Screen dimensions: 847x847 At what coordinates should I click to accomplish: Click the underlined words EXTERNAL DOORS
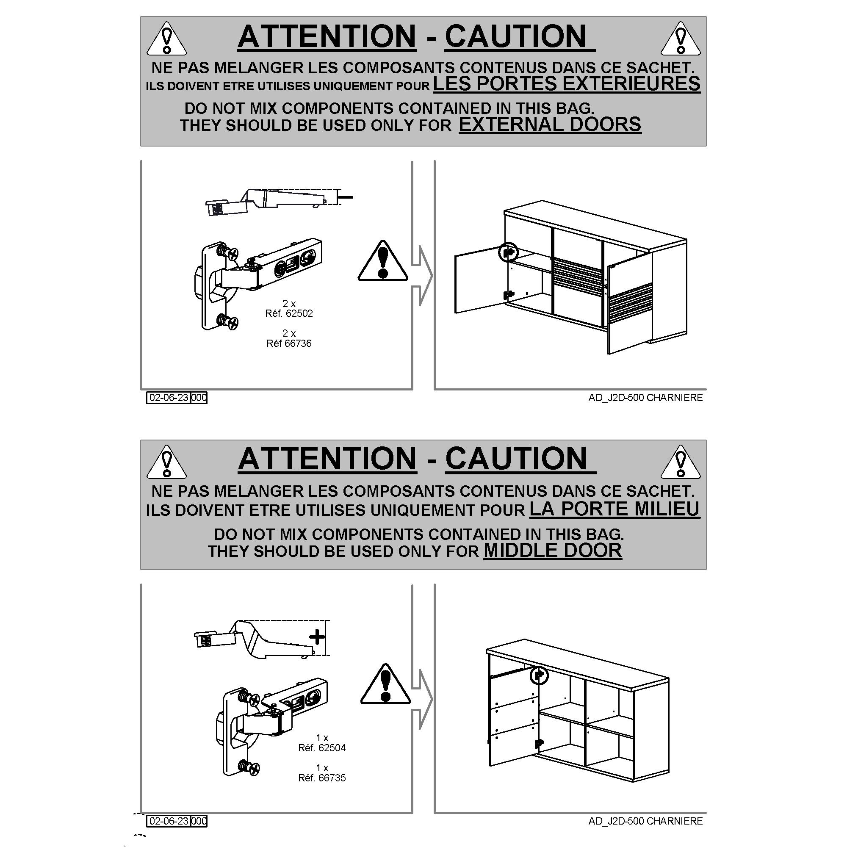550,125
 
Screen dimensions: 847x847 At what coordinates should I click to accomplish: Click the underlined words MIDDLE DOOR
553,551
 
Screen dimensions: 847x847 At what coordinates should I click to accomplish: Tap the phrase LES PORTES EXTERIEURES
566,83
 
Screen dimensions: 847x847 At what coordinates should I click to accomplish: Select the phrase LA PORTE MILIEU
614,509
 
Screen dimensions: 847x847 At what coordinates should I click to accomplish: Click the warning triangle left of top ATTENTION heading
166,39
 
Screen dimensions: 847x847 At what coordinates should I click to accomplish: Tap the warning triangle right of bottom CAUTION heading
681,462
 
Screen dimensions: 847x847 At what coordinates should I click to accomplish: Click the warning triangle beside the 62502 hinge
383,261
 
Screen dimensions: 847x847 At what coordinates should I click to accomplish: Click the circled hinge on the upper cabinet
509,252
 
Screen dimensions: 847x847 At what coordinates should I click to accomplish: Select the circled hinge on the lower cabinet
539,675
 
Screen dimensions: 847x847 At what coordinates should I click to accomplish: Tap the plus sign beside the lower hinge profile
317,637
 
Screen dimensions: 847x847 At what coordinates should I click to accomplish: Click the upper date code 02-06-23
169,398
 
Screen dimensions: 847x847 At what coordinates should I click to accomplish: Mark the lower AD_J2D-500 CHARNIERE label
645,821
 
